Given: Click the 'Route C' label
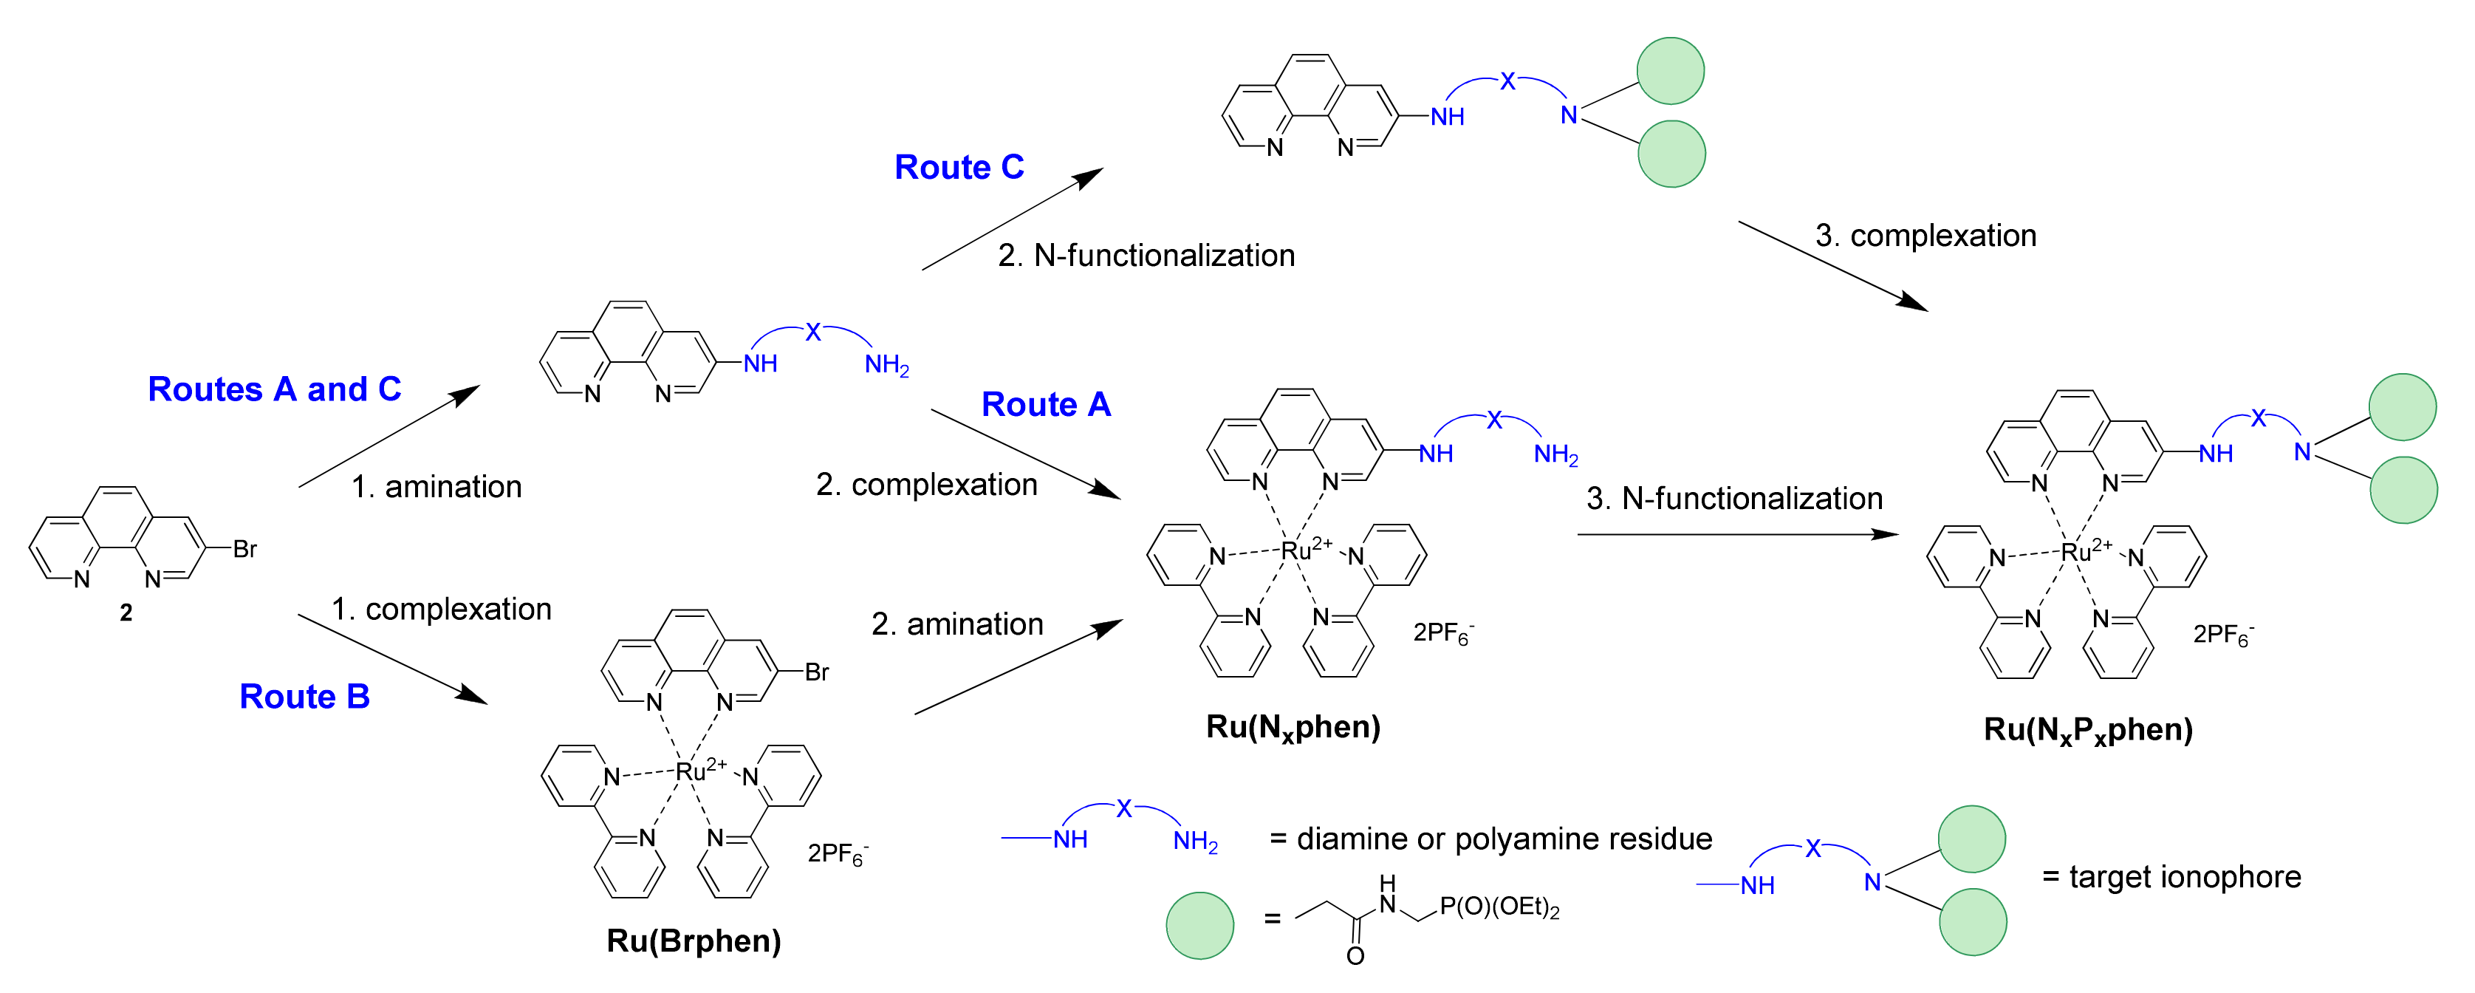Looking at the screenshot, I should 958,167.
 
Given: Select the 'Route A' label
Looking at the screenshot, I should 1045,405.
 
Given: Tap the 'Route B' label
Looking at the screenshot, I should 304,697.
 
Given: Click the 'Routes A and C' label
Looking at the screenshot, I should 274,389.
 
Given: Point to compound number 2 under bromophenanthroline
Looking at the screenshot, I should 126,613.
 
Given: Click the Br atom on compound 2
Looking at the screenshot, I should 245,549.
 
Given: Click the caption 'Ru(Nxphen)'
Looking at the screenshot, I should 1293,728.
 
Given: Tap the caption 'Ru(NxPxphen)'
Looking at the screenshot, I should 2088,731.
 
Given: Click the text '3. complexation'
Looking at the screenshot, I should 1925,236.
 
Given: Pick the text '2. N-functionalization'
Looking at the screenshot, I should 1146,256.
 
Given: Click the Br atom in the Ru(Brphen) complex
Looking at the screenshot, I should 817,672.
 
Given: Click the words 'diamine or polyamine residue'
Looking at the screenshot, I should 1504,839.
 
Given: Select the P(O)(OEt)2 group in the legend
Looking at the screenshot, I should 1499,907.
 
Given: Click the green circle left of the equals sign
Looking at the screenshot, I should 1199,925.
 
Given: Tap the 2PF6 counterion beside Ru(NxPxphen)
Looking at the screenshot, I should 2222,635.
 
